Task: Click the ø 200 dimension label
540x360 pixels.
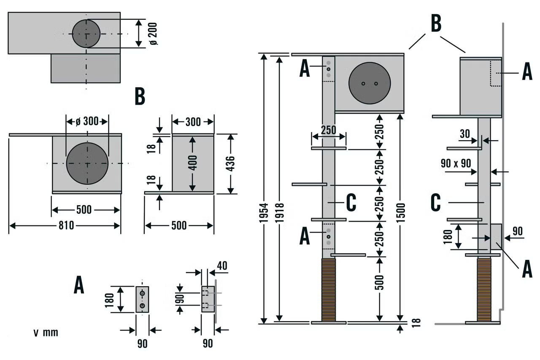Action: (x=154, y=33)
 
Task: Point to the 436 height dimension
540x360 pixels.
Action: (x=230, y=163)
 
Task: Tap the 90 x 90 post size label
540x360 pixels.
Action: (x=456, y=164)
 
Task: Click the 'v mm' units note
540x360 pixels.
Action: (x=46, y=333)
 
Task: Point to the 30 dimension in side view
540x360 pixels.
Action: (x=465, y=133)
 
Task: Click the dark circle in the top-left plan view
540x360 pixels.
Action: (x=86, y=33)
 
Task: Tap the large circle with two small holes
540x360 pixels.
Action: (x=370, y=83)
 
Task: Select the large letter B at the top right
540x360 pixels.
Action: (x=436, y=24)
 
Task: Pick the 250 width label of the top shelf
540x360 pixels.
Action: (x=328, y=130)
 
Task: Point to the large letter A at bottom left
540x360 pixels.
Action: (x=79, y=285)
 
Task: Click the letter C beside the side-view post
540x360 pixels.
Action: (x=436, y=203)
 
